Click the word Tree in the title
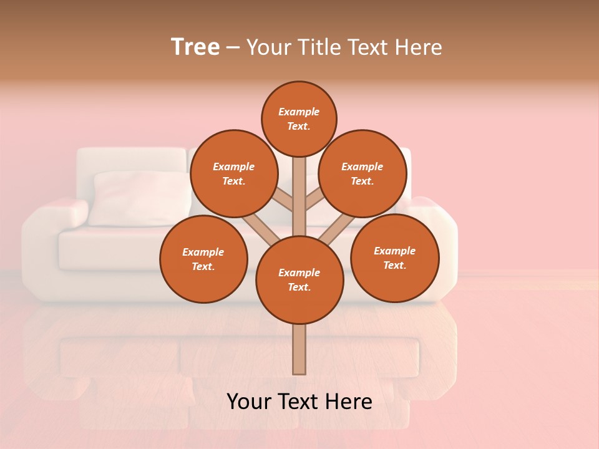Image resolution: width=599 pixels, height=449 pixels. tap(195, 47)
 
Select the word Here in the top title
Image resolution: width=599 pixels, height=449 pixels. tap(419, 47)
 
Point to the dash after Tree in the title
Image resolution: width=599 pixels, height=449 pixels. tap(233, 48)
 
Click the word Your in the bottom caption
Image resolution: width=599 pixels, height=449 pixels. tap(250, 402)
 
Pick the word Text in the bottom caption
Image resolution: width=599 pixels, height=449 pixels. tap(299, 402)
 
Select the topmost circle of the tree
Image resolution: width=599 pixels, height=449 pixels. tap(299, 118)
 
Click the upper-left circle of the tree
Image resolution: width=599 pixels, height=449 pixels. tap(233, 173)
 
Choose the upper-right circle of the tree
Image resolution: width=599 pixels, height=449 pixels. tap(363, 173)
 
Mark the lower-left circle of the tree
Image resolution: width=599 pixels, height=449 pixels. tap(203, 259)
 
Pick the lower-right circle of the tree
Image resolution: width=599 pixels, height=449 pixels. tap(395, 258)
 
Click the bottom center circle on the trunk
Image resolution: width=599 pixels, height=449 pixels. tap(299, 279)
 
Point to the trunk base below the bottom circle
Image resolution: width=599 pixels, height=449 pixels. tap(299, 349)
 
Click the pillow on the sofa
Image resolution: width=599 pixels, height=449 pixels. tap(139, 198)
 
